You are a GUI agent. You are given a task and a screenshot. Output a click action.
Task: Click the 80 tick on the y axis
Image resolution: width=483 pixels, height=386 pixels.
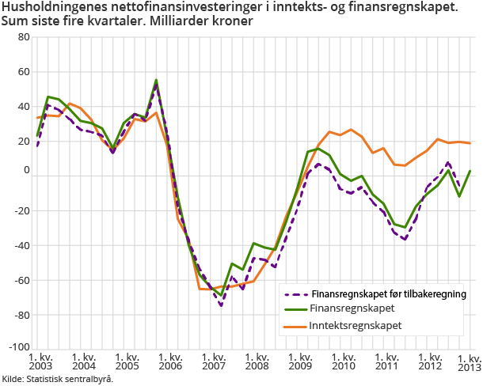[x=22, y=37]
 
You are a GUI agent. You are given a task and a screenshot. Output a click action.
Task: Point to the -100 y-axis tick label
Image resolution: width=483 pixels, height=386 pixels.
[x=19, y=348]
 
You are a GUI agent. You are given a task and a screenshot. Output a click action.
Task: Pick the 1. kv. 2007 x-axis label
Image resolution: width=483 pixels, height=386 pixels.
[x=214, y=362]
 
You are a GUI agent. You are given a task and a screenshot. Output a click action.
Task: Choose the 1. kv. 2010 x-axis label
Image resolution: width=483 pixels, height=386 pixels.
[x=344, y=362]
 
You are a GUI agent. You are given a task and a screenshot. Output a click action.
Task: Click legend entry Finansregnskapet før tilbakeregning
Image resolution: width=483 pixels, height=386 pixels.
[x=388, y=293]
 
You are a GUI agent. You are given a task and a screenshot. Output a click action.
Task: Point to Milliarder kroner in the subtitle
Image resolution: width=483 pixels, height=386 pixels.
[x=206, y=21]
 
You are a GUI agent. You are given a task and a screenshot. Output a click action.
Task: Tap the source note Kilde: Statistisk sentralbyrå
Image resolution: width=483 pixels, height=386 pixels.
[x=57, y=379]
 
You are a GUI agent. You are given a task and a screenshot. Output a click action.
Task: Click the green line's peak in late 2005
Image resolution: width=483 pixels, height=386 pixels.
[x=156, y=80]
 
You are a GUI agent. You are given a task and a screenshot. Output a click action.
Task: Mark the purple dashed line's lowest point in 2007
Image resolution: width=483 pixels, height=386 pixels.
[x=221, y=305]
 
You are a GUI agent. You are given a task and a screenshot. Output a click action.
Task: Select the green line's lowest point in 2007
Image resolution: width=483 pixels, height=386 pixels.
[x=221, y=295]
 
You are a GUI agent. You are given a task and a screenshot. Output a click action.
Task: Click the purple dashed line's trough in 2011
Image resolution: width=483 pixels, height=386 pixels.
[x=405, y=239]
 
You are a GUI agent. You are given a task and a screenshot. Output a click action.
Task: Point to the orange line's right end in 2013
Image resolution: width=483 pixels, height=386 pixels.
[x=470, y=143]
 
